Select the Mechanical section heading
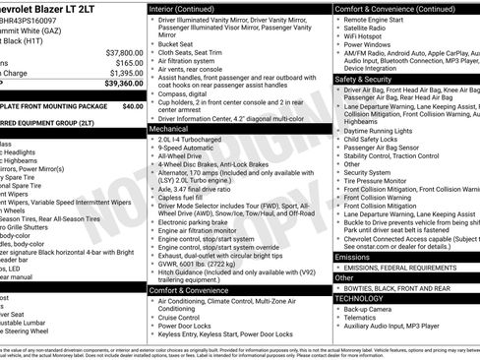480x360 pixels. tap(169, 128)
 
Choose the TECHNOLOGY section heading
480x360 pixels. tap(359, 297)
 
